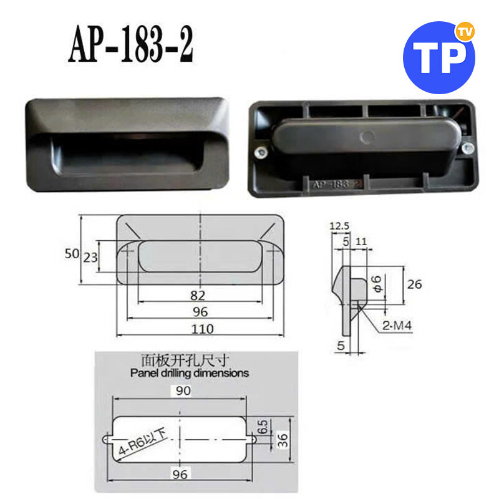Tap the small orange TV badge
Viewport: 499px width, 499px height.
click(465, 31)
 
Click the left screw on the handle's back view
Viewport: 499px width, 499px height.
click(261, 152)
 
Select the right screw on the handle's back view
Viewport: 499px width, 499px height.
click(467, 148)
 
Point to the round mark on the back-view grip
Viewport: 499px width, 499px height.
click(367, 137)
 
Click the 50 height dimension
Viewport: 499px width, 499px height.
click(72, 254)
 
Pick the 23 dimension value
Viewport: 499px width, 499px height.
click(90, 258)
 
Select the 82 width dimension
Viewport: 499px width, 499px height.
click(198, 296)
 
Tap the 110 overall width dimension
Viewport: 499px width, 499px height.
click(202, 329)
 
